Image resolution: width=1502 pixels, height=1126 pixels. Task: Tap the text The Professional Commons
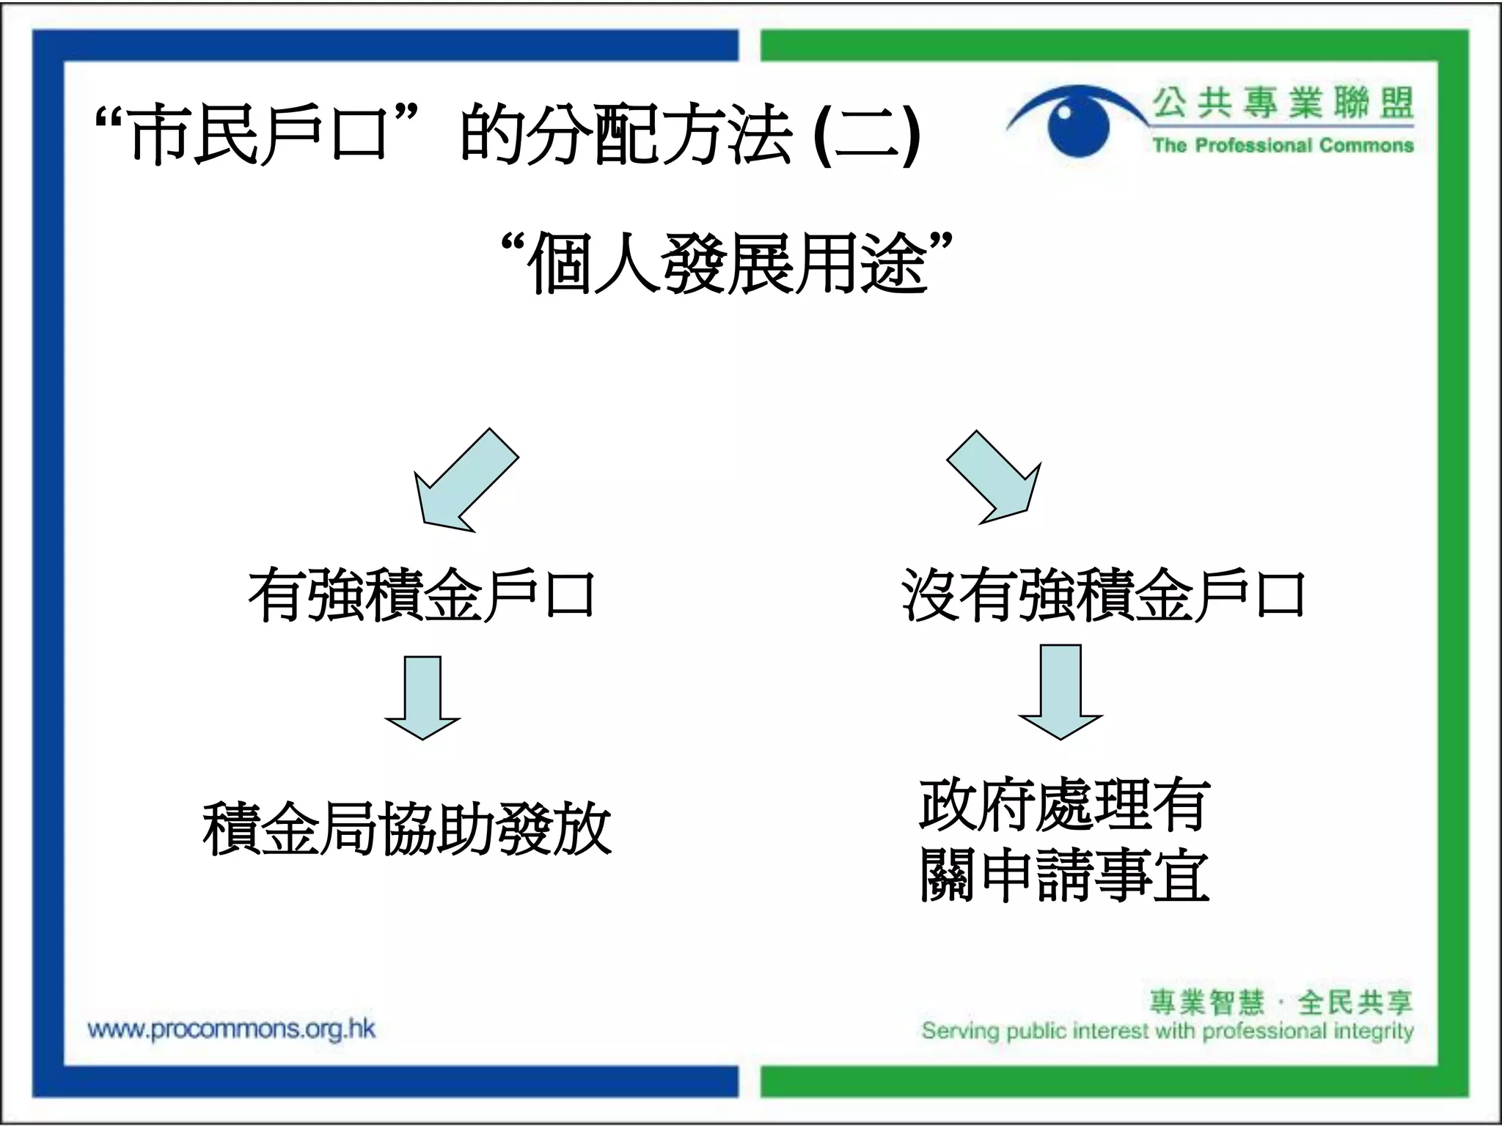[x=1283, y=146]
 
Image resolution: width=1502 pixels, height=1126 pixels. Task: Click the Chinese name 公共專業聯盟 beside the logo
[x=1283, y=102]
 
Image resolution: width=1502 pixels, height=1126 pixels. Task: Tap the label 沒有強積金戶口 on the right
[x=1103, y=595]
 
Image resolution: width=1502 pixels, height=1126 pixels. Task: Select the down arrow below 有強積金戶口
[x=422, y=696]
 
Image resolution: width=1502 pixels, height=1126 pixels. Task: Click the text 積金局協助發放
[x=407, y=829]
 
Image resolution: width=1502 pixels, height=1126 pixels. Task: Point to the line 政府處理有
[x=1063, y=806]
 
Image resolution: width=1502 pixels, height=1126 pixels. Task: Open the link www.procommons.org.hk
[x=231, y=1029]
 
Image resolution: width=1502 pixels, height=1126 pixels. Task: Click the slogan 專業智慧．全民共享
[x=1281, y=1002]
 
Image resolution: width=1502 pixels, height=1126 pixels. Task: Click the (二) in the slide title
[x=867, y=136]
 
